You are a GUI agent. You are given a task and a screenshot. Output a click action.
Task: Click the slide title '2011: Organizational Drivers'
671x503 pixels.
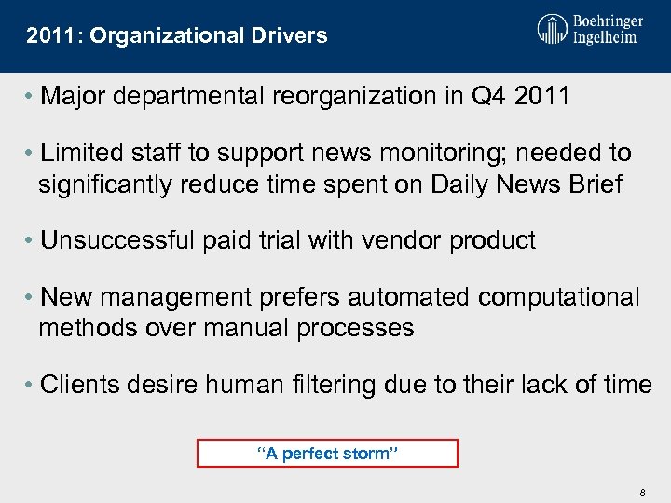[177, 36]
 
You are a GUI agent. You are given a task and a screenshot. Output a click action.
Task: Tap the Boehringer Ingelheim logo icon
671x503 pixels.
[552, 30]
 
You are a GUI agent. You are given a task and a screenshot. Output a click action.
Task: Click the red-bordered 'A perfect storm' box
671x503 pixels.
[327, 454]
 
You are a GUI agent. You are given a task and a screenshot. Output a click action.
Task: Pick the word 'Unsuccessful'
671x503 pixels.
[118, 240]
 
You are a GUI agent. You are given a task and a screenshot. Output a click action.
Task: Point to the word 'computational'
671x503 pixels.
[559, 297]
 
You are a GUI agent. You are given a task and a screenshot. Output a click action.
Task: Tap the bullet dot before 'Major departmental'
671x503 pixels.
[32, 97]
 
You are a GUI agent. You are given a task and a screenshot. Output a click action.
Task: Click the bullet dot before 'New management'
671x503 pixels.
[32, 297]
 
